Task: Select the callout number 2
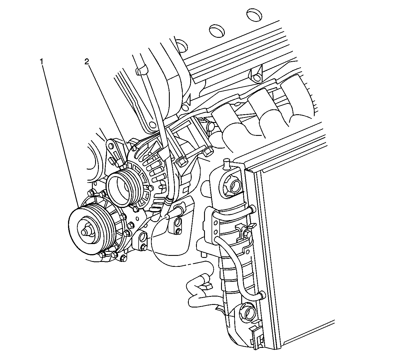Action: (86, 61)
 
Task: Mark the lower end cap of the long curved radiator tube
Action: (261, 295)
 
